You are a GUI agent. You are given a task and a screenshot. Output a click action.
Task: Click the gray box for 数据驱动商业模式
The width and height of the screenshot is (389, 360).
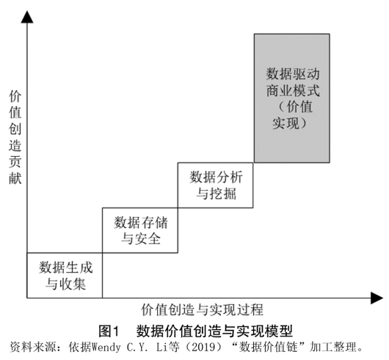[292, 98]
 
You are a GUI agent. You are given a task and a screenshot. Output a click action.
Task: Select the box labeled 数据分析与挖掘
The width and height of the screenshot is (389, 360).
[215, 185]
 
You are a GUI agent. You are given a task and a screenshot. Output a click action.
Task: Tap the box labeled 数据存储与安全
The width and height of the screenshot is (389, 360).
[140, 230]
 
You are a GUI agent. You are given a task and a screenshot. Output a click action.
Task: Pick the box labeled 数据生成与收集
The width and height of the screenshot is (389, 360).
[65, 275]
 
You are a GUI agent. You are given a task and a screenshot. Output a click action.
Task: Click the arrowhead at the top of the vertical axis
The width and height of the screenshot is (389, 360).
[27, 17]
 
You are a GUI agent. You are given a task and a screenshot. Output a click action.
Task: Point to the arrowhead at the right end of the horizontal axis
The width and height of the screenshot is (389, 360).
[377, 298]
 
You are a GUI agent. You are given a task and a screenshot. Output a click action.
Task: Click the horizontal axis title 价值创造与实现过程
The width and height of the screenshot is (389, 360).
[202, 309]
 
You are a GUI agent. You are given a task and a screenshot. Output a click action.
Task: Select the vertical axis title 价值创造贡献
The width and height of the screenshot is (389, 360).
[15, 138]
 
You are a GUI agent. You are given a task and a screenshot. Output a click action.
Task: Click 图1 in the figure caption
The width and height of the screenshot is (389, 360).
[109, 331]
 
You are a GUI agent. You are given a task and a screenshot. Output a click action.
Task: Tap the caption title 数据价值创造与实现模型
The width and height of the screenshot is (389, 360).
[214, 331]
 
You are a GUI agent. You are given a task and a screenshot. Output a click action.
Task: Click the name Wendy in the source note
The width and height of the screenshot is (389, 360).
[106, 348]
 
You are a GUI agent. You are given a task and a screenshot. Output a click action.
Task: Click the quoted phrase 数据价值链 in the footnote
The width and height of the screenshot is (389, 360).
[268, 347]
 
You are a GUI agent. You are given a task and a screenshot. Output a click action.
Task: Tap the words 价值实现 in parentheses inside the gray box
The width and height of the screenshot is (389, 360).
[292, 115]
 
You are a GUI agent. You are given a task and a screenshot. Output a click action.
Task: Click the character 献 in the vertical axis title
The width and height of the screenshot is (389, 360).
[15, 178]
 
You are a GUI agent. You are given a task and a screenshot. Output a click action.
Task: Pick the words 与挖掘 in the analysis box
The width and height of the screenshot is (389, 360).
[216, 194]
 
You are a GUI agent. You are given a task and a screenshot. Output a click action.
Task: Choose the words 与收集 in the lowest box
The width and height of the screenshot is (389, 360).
[66, 284]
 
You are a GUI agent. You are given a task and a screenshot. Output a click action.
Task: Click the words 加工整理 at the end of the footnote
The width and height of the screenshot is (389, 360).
[332, 347]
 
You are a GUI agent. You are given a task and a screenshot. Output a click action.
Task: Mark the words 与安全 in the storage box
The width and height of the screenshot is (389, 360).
[141, 238]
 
